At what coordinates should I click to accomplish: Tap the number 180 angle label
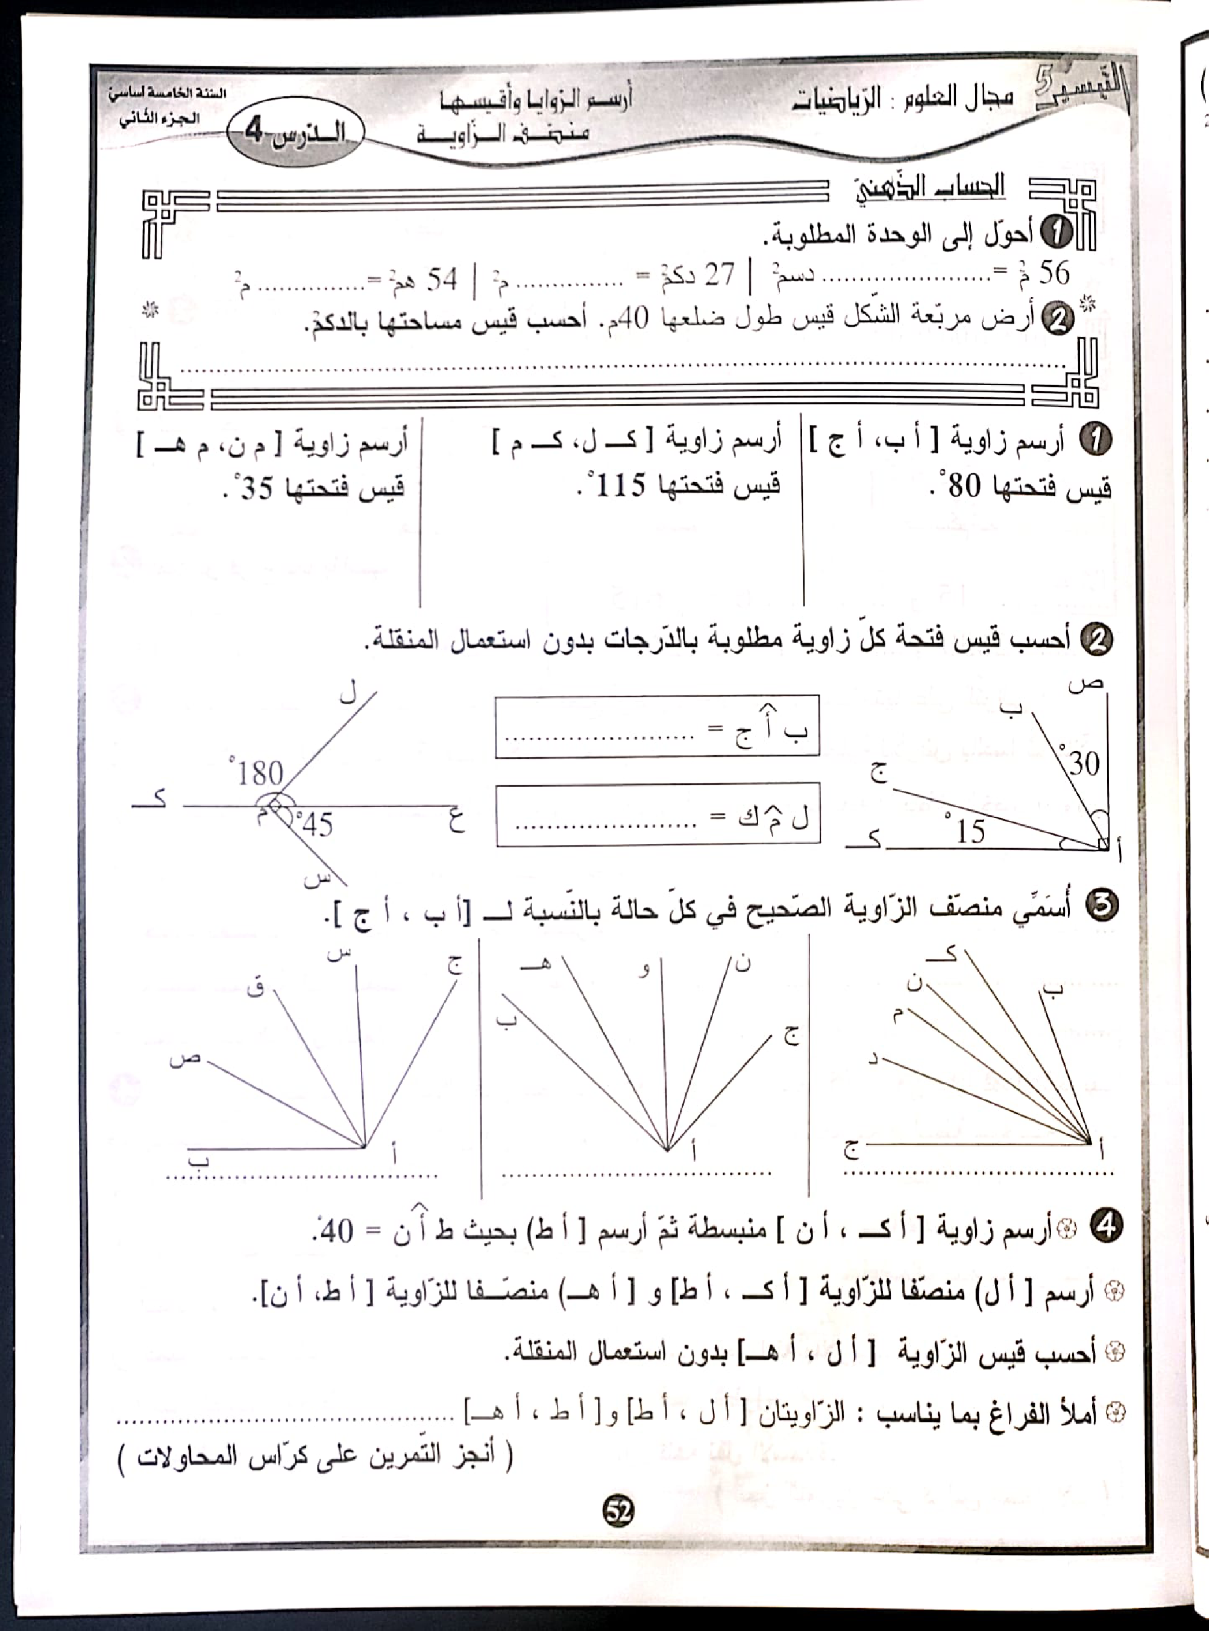(260, 773)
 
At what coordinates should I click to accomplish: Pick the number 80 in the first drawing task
(964, 485)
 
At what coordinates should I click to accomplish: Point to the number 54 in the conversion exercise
(442, 279)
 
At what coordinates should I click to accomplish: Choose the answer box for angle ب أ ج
(656, 726)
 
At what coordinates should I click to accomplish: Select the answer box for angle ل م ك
(657, 814)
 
